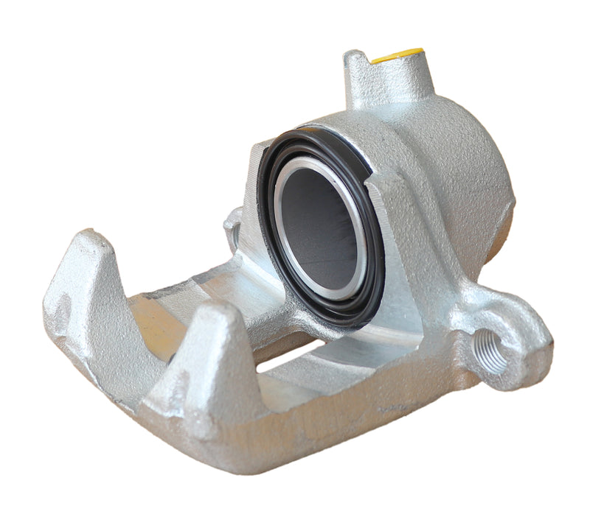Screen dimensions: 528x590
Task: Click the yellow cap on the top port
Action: click(398, 55)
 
